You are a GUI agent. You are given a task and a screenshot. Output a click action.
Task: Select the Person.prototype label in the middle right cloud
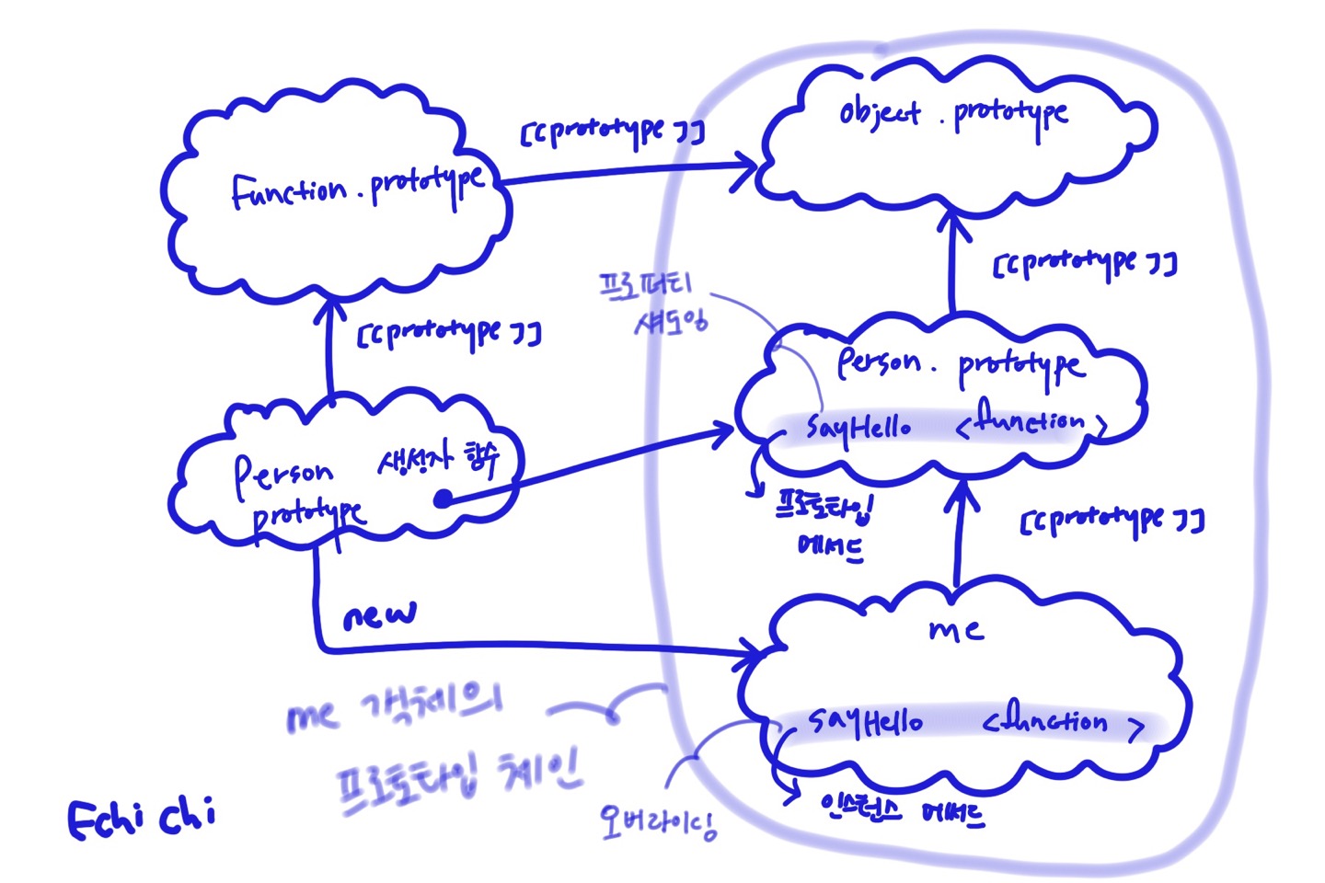(x=960, y=363)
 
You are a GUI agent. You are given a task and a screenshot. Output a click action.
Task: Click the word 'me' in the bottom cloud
(x=955, y=630)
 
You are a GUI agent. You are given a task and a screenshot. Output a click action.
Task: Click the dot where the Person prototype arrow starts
(x=443, y=499)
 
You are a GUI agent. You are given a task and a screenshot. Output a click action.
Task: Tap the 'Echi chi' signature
(x=142, y=817)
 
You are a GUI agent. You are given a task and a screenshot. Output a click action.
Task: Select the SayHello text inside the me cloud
(x=865, y=722)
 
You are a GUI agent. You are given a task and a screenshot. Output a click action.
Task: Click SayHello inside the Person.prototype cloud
(x=858, y=426)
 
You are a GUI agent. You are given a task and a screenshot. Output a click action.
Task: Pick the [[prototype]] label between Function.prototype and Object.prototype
(x=612, y=132)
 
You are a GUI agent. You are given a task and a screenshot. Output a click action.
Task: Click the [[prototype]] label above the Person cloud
(x=449, y=333)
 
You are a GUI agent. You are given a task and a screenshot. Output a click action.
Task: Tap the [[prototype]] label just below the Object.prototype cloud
(x=1084, y=264)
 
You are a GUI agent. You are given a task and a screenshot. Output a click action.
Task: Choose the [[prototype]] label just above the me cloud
(x=1112, y=521)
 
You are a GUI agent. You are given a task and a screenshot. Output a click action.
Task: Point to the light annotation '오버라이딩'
(x=657, y=821)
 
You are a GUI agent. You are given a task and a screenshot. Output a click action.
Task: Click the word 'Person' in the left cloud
(x=282, y=473)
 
